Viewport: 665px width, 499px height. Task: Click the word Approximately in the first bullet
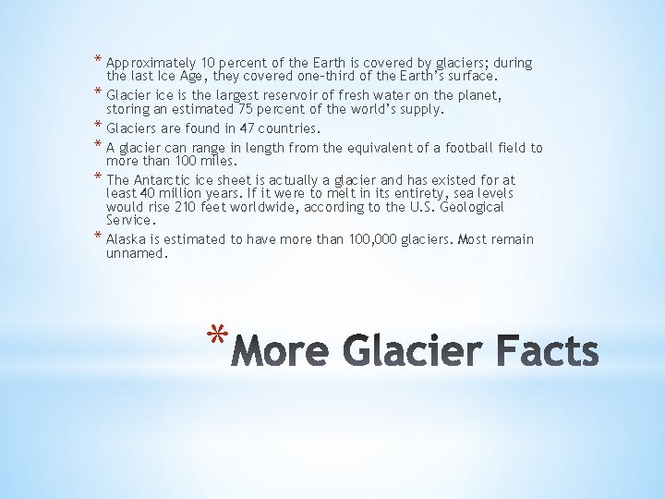[x=146, y=64]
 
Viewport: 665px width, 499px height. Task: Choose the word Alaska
[x=127, y=239]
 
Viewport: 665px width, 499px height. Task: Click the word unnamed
[x=138, y=253]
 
